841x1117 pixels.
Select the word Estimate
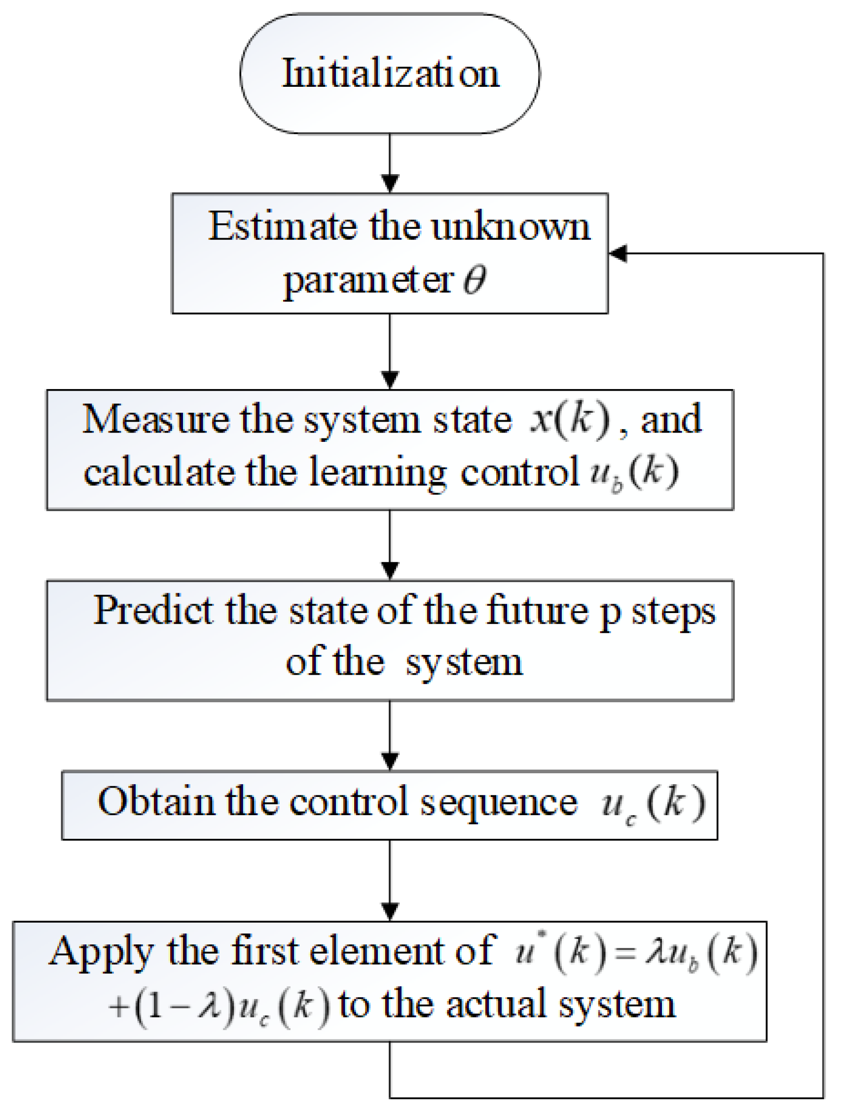click(x=282, y=226)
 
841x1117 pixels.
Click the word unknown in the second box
click(x=510, y=226)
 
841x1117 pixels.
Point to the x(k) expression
click(x=570, y=419)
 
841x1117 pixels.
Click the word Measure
click(x=155, y=419)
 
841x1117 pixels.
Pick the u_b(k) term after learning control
click(x=634, y=472)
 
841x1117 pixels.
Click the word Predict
click(x=153, y=611)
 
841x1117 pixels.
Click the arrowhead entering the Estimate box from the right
click(x=618, y=253)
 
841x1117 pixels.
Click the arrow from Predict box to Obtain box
click(x=390, y=735)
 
